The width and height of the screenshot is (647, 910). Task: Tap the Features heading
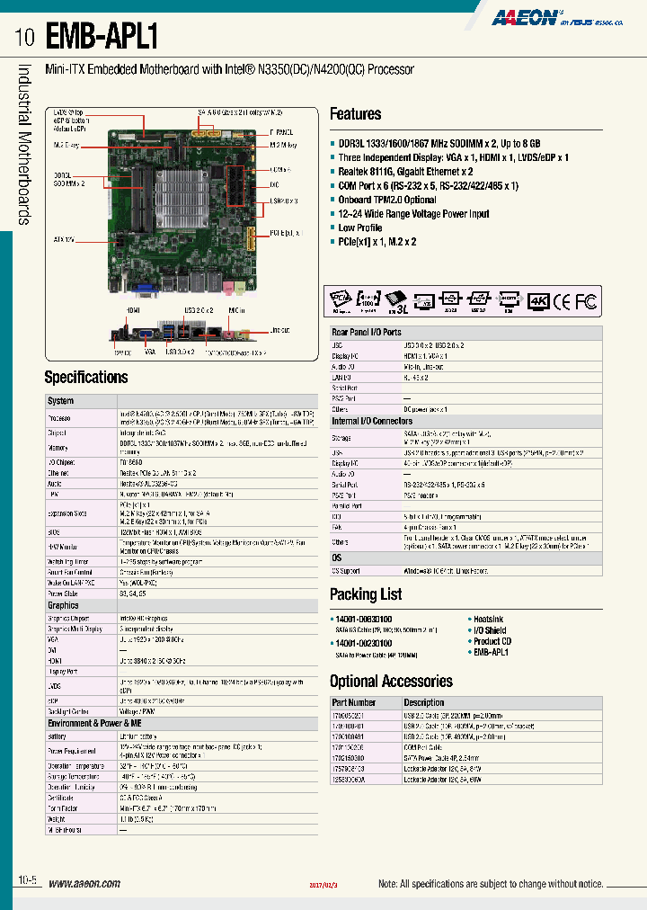[x=355, y=114]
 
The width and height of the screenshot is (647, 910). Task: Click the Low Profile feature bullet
[x=359, y=227]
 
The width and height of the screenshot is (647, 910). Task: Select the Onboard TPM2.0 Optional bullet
[x=387, y=200]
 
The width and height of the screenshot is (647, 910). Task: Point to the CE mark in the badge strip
[x=562, y=301]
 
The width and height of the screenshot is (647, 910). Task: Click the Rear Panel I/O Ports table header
[x=367, y=333]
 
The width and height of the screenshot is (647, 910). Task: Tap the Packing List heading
[x=365, y=594]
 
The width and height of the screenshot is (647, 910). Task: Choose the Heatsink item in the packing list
[x=489, y=619]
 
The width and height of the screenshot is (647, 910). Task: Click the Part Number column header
[x=354, y=702]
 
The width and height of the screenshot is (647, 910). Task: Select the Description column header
[x=423, y=702]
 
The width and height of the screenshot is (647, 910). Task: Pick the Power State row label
[x=64, y=593]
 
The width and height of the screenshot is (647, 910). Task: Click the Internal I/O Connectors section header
[x=372, y=421]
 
